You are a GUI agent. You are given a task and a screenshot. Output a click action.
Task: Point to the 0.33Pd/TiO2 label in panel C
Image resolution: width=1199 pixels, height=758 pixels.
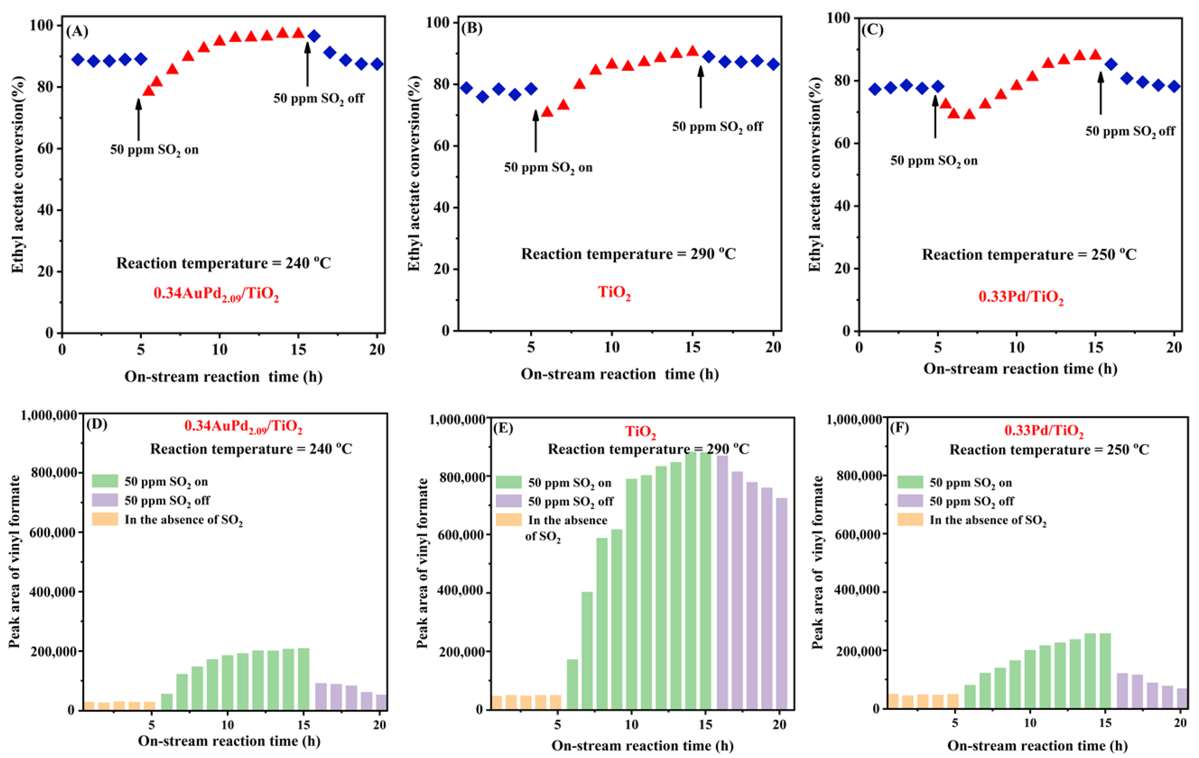click(x=1021, y=297)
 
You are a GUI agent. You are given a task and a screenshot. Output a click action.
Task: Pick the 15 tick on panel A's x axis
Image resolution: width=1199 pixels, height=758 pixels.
click(x=298, y=350)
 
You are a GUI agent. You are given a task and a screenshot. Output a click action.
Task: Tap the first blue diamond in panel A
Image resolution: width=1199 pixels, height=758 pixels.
click(x=78, y=60)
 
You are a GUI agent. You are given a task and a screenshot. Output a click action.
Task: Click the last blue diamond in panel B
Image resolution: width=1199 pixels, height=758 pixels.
click(x=773, y=64)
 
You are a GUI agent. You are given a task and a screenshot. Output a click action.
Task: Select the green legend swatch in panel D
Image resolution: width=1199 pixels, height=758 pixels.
click(x=105, y=481)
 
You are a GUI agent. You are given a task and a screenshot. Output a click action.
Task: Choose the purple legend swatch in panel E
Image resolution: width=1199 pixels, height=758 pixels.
click(x=508, y=501)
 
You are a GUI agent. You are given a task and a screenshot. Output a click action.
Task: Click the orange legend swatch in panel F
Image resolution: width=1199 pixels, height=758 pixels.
click(x=910, y=520)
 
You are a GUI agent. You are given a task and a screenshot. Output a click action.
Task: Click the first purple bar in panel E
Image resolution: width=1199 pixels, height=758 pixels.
click(x=722, y=582)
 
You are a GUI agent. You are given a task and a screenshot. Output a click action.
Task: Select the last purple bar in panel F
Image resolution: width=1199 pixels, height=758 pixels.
click(x=1181, y=698)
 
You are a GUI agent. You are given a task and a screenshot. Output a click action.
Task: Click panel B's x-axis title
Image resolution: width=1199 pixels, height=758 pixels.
click(x=620, y=374)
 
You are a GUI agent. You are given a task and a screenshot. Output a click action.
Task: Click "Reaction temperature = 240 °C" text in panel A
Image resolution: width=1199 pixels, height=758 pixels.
click(x=223, y=263)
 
